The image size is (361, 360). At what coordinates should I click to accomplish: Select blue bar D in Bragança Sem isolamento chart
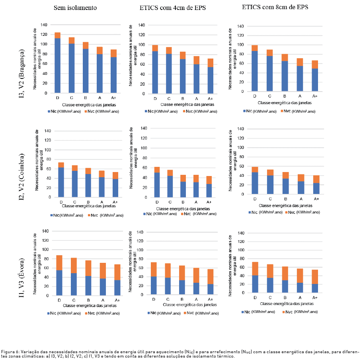58,66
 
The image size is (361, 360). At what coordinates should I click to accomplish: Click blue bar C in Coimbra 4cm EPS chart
170,186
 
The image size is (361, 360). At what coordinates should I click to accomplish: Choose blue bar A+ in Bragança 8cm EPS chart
315,80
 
